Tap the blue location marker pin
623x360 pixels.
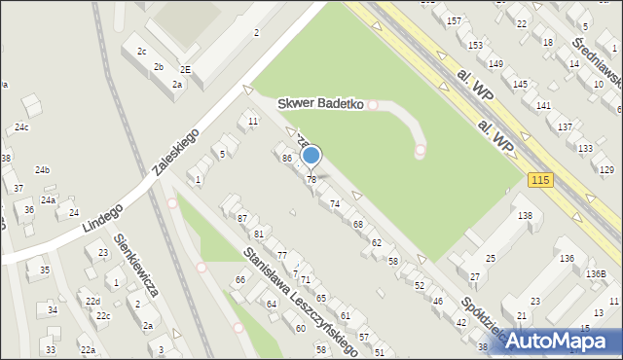coord(311,156)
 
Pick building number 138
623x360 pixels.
coord(525,215)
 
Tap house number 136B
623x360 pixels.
coord(596,273)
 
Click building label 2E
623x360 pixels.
coord(185,70)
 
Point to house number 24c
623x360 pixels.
coord(21,127)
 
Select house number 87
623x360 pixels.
coord(242,218)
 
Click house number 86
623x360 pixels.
coord(286,158)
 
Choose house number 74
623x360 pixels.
coord(335,203)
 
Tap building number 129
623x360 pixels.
coord(606,169)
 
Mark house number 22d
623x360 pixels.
coord(92,302)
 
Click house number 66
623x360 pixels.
coord(239,280)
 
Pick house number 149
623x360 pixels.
coord(495,64)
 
